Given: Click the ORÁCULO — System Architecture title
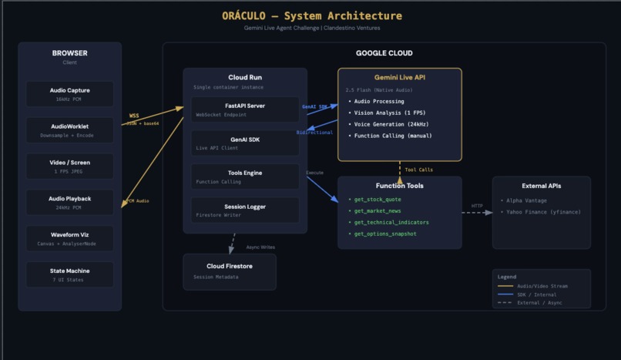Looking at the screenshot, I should [311, 15].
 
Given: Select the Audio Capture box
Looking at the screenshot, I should [70, 94].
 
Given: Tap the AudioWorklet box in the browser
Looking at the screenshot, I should [70, 130].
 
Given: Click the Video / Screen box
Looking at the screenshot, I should [70, 166].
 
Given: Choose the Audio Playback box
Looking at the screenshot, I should [70, 202].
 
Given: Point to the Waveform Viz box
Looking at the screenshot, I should [70, 238].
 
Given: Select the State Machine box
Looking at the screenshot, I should [70, 274].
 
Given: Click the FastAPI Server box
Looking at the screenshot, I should [245, 109].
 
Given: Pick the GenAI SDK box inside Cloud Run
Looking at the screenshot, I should [245, 143].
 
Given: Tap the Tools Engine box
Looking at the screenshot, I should [245, 177].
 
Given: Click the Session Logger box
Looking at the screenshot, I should [245, 210].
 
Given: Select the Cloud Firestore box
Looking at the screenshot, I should [229, 271].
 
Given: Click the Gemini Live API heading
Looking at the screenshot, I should [399, 78].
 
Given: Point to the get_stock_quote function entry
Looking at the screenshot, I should [378, 200].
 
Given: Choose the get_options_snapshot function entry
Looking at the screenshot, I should [384, 234].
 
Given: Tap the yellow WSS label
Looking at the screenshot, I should [134, 116].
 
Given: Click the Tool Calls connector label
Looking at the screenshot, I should [419, 170].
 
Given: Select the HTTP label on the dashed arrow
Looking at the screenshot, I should [477, 206].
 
